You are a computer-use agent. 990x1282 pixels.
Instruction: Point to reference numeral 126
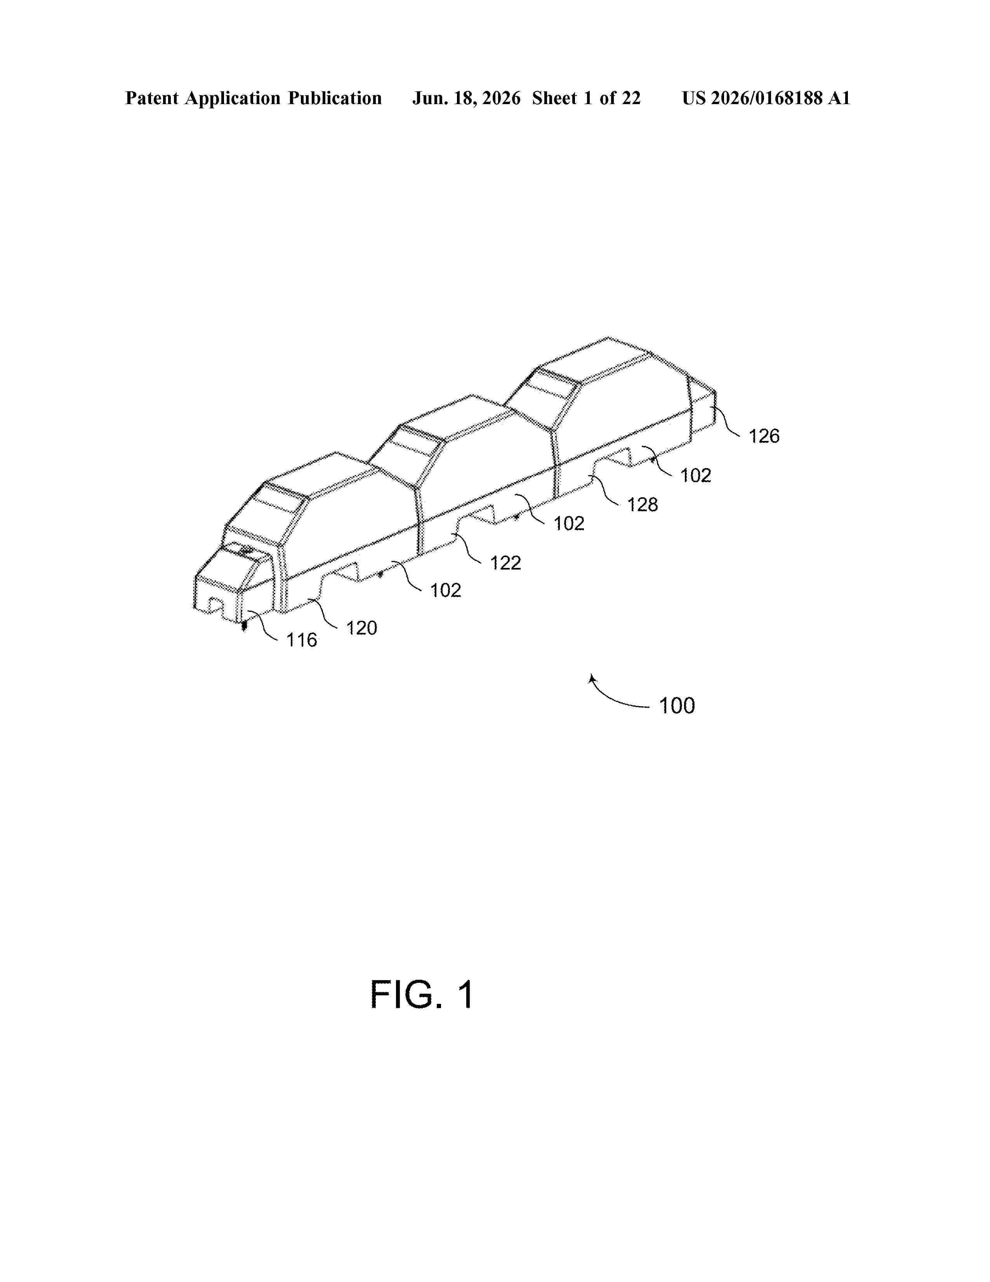coord(764,436)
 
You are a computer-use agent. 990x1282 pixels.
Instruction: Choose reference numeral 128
coord(643,505)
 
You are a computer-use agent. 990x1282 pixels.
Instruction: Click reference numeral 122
coord(505,564)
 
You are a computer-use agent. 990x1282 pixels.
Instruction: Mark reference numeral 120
coord(361,629)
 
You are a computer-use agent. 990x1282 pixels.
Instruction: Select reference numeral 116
coord(301,640)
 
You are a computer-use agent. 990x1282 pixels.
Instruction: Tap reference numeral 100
coord(677,705)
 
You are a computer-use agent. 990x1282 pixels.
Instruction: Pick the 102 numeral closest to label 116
coord(446,590)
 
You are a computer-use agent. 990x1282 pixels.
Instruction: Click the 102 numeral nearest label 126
coord(696,476)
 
